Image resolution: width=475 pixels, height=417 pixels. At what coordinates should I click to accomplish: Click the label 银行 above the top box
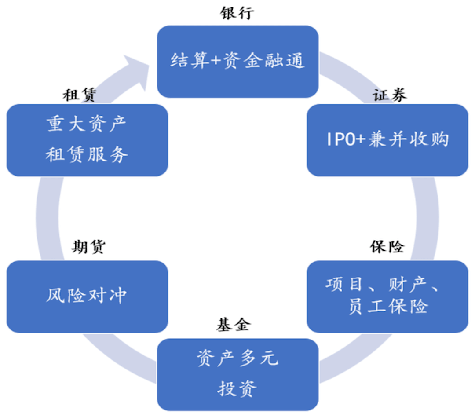pos(237,13)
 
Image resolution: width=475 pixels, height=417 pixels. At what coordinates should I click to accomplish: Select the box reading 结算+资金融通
pos(237,62)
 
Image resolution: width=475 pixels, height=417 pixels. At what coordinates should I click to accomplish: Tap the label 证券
pos(390,95)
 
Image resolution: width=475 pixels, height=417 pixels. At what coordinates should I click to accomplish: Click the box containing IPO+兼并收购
pos(387,140)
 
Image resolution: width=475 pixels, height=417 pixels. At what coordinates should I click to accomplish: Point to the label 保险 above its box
pos(387,247)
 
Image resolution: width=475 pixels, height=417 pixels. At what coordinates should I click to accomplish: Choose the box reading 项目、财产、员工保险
pos(387,296)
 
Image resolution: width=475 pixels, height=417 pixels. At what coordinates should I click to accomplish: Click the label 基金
pos(233,325)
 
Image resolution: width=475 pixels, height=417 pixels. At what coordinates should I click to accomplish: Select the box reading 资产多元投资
pos(237,375)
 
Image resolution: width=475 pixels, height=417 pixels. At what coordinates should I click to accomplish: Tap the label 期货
pos(88,247)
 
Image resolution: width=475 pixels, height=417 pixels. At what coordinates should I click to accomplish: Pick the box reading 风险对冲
pos(87,296)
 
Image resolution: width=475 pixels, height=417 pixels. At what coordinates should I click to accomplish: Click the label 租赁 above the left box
pos(79,95)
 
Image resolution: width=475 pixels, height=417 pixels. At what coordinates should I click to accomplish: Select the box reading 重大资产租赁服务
pos(87,140)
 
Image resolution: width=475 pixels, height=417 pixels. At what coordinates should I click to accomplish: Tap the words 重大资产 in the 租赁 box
pos(87,124)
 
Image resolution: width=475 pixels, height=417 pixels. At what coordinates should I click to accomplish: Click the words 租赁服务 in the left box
pos(87,154)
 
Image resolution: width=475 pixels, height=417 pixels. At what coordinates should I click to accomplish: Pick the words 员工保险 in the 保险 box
pos(389,306)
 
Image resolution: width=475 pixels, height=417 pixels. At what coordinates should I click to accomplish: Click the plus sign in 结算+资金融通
pos(216,60)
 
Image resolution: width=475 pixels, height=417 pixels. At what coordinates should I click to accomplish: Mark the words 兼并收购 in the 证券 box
pos(409,140)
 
